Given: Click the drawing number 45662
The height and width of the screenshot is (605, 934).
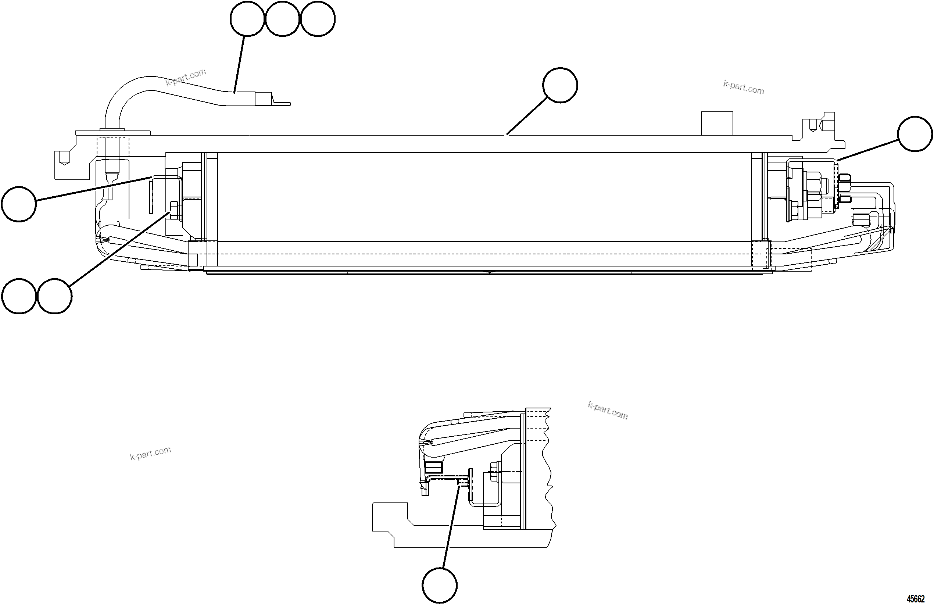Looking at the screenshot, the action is [x=915, y=598].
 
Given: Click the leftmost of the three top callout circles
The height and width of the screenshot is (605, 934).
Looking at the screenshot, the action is [x=247, y=18].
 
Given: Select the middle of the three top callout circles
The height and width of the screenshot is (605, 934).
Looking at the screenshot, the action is [x=283, y=18].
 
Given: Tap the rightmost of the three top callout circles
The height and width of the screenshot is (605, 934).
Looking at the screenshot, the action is [x=318, y=18].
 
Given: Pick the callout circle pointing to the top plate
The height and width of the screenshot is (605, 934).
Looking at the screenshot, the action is [x=560, y=85].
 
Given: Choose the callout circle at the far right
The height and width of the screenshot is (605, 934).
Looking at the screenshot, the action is [x=915, y=133].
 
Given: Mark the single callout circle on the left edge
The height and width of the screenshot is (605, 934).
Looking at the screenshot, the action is [x=19, y=204].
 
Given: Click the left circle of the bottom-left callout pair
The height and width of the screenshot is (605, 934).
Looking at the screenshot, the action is [x=19, y=296].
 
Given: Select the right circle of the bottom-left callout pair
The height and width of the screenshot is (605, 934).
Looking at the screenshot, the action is [x=54, y=296].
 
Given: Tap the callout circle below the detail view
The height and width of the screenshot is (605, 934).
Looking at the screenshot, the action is [x=440, y=585].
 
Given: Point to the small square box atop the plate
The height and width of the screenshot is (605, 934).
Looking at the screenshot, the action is [x=717, y=123].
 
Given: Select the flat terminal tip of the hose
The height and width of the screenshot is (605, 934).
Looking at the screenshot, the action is [x=281, y=103].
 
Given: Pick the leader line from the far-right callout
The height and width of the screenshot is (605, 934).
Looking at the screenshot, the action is [x=867, y=150].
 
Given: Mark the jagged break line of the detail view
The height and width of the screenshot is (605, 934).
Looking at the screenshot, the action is [x=549, y=471].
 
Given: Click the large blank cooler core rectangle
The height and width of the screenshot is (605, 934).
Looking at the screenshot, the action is [x=483, y=196].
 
